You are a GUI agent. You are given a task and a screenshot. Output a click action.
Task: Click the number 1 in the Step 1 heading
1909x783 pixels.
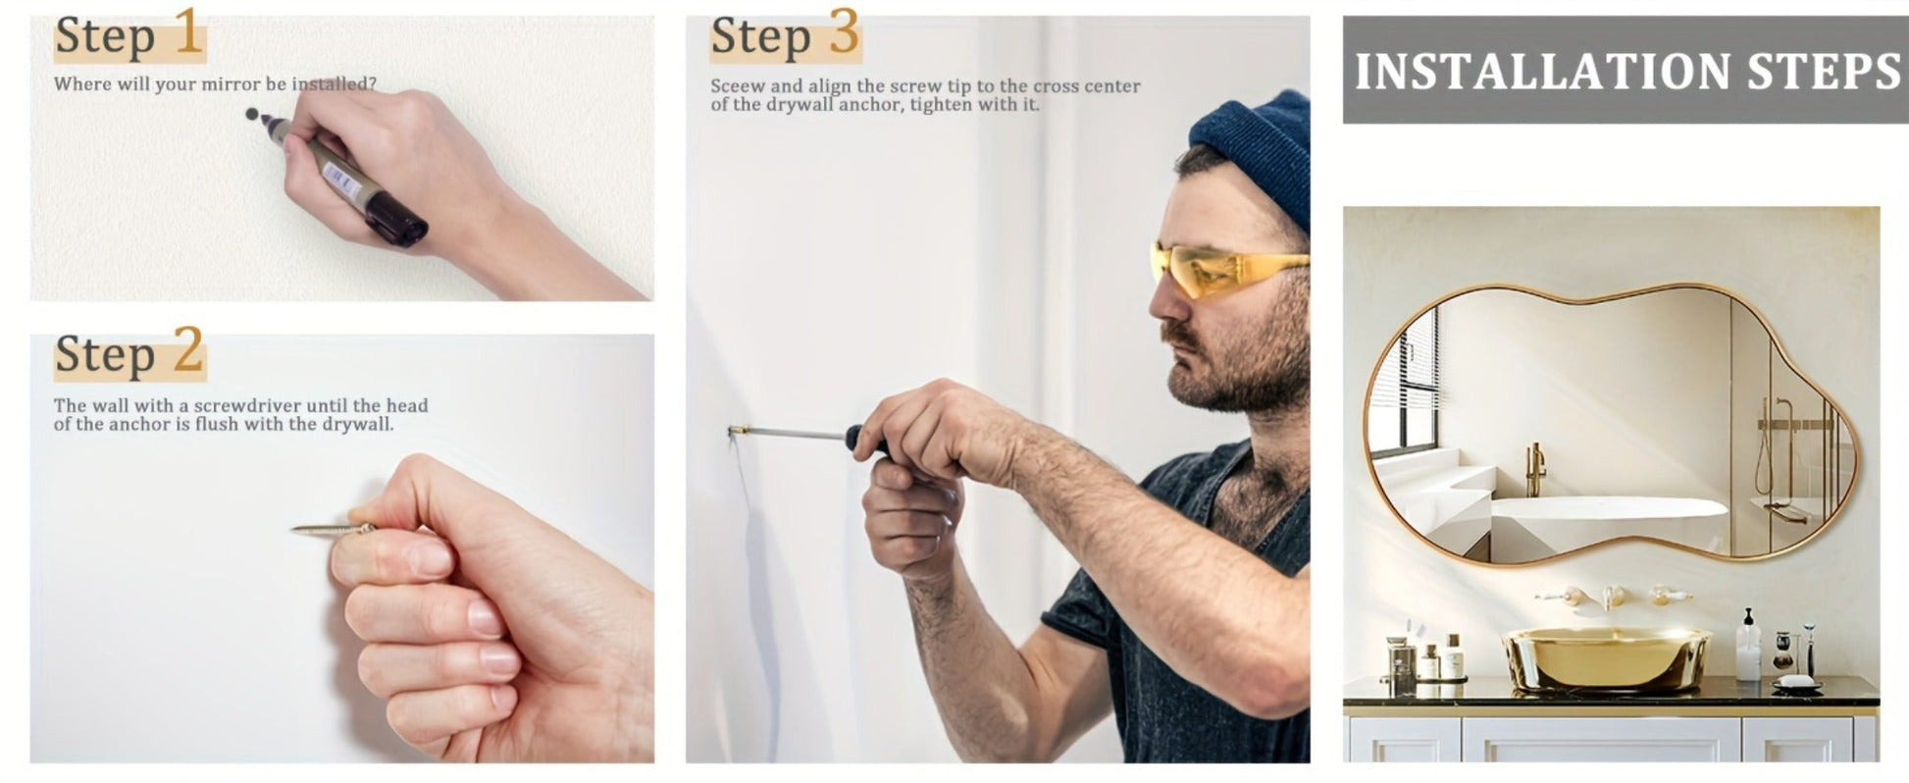[x=188, y=31]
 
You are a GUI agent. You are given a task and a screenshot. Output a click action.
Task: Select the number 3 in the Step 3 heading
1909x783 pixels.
[x=844, y=31]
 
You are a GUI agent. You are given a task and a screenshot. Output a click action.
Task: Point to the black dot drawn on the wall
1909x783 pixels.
[x=251, y=114]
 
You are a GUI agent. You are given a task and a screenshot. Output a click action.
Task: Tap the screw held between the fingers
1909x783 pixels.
[x=333, y=529]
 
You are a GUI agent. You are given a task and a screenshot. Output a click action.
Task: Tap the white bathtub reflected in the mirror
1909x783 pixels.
[x=1609, y=509]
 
